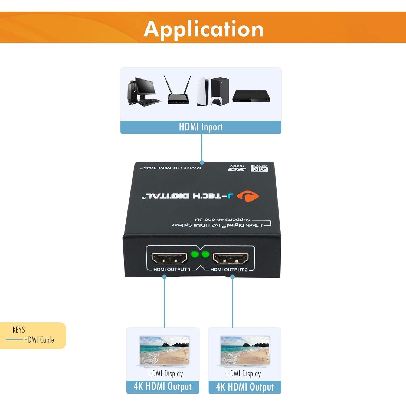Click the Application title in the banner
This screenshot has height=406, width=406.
[204, 29]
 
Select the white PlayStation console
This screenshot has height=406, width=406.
[203, 91]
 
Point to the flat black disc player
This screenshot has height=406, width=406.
[251, 96]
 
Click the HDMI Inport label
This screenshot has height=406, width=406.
[201, 127]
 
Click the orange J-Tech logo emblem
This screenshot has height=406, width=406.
[248, 196]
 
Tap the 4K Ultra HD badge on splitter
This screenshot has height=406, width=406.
[259, 168]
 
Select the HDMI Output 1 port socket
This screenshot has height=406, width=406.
[169, 258]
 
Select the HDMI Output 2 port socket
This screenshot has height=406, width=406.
[231, 258]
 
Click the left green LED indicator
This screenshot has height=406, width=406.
[195, 255]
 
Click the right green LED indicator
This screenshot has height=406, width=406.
[205, 255]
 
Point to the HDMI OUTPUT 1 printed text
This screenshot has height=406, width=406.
[172, 270]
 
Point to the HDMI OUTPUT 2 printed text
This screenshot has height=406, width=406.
[229, 270]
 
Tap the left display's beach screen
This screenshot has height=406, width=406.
[164, 351]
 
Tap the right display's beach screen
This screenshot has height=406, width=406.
[245, 351]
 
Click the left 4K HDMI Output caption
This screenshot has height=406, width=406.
[163, 387]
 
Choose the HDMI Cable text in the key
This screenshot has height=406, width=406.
[39, 340]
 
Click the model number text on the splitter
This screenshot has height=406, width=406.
[171, 168]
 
